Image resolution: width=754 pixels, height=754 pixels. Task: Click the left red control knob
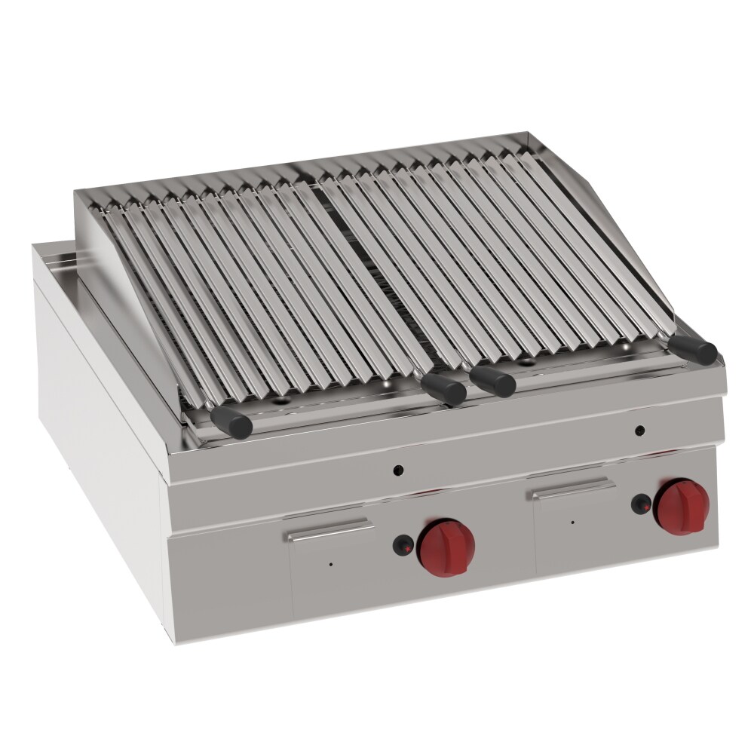tap(446, 541)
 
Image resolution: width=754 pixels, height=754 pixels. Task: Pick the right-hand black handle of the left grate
tap(445, 388)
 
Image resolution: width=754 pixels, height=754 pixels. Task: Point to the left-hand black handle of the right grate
tap(493, 381)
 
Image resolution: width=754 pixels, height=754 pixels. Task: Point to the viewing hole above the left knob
tap(398, 472)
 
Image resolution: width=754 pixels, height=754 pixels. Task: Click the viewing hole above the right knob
tap(640, 431)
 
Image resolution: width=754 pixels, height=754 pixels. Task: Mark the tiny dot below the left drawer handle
tap(330, 565)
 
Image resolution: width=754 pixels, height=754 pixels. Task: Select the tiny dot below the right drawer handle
tap(572, 521)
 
